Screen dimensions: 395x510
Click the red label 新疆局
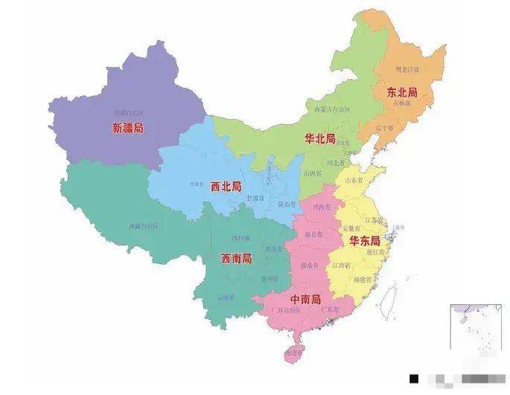click(127, 128)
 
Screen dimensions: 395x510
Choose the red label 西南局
click(236, 259)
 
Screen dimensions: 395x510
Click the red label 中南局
click(305, 299)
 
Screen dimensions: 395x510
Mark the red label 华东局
click(365, 242)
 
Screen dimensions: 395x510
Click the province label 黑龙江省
click(407, 70)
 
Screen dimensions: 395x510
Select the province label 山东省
click(353, 180)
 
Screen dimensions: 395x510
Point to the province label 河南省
click(322, 207)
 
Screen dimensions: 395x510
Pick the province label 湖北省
click(313, 234)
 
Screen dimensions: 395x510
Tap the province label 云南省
click(225, 297)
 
